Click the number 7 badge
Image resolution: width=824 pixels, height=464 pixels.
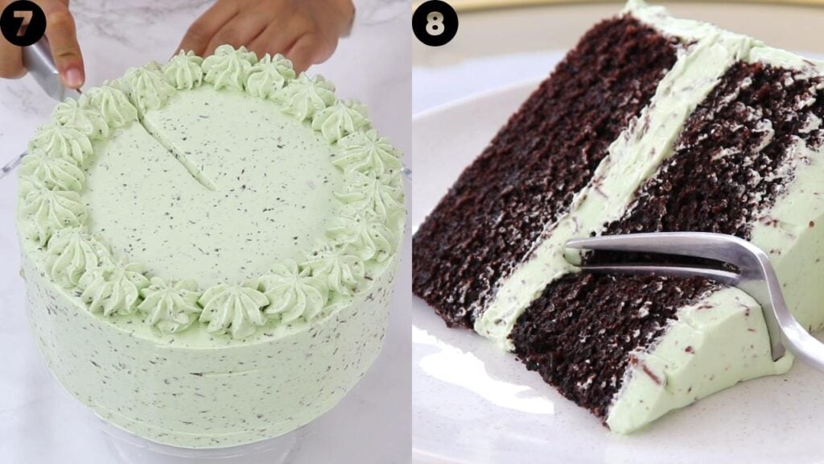(23, 23)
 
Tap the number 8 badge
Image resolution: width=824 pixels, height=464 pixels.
(435, 23)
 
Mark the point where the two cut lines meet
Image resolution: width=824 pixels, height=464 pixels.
(213, 188)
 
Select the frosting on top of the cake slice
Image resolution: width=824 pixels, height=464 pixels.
(692, 32)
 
